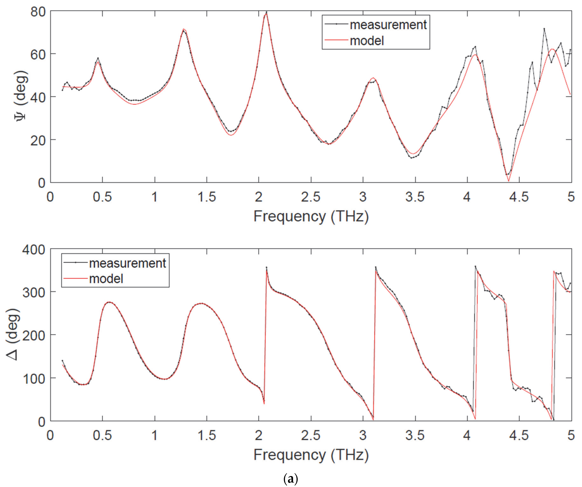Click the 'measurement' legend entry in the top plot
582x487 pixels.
click(x=388, y=25)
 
